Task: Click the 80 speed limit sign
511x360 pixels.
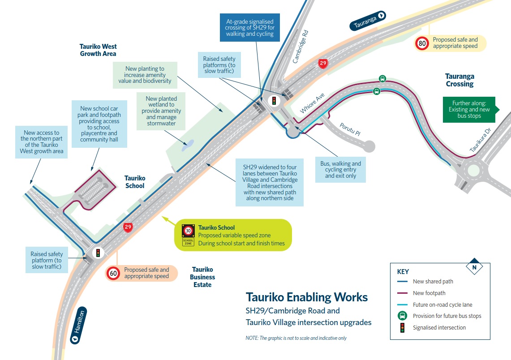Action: pyautogui.click(x=422, y=43)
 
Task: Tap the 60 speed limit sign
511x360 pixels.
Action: pyautogui.click(x=113, y=273)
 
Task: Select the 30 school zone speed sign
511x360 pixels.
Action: pyautogui.click(x=188, y=231)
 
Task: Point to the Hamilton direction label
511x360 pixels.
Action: pyautogui.click(x=78, y=325)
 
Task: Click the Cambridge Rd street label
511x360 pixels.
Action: pyautogui.click(x=300, y=47)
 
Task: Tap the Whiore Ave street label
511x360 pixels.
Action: pyautogui.click(x=312, y=103)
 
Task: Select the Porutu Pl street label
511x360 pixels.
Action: pyautogui.click(x=350, y=129)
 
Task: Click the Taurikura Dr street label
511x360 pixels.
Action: pyautogui.click(x=480, y=140)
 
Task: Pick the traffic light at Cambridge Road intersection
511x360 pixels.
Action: pyautogui.click(x=274, y=100)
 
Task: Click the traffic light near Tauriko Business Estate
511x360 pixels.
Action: pyautogui.click(x=98, y=253)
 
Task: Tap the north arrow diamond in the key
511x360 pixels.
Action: pyautogui.click(x=474, y=267)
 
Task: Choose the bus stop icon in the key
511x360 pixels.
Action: pyautogui.click(x=403, y=316)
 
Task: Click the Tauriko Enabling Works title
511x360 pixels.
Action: pyautogui.click(x=307, y=297)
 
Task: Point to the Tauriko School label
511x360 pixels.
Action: pyautogui.click(x=135, y=182)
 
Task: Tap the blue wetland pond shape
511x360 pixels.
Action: pyautogui.click(x=188, y=146)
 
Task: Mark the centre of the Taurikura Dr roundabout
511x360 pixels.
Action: pyautogui.click(x=473, y=171)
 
